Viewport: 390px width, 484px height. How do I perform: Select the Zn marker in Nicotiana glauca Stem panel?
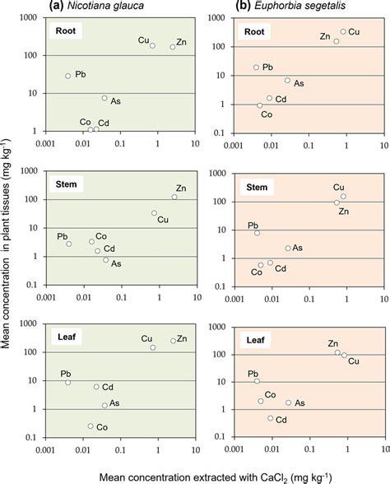(x=174, y=197)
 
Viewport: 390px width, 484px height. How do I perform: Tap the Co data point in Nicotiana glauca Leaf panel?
(x=91, y=426)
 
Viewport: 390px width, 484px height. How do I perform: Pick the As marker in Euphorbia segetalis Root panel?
(x=287, y=81)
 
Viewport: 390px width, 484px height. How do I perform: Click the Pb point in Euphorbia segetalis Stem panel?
(x=257, y=233)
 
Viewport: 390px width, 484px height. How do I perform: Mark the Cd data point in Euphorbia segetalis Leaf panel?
(x=270, y=418)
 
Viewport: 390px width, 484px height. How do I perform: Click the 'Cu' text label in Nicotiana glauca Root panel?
(x=143, y=40)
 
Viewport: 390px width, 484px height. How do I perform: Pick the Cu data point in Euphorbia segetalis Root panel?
(x=343, y=32)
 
